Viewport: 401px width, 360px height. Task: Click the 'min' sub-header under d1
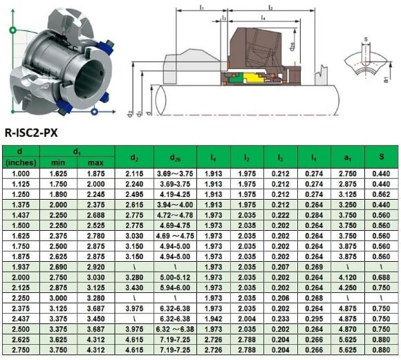point(58,162)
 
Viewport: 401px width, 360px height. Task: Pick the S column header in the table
point(381,157)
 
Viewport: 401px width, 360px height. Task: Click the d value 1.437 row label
point(19,215)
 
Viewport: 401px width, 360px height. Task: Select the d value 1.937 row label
point(19,266)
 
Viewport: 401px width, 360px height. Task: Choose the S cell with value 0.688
point(381,276)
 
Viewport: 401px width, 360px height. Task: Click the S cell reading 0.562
point(381,194)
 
